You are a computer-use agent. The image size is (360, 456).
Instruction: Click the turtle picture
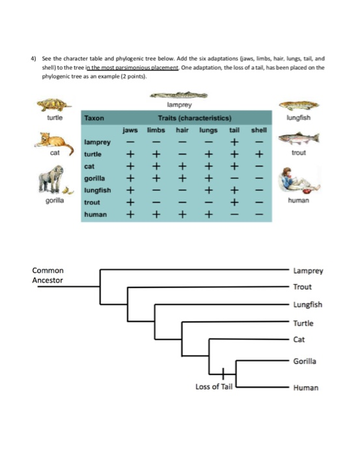(55, 105)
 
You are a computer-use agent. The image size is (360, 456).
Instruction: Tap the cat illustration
(55, 139)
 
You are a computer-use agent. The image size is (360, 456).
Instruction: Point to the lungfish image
(299, 105)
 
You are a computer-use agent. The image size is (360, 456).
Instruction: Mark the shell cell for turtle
(259, 154)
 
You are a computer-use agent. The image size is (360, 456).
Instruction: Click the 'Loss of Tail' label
(214, 387)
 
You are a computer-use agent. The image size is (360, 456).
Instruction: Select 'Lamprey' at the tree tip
(308, 270)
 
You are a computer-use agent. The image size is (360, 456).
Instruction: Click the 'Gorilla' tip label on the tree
(306, 360)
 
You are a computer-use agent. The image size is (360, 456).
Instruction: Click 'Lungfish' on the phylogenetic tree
(308, 305)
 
